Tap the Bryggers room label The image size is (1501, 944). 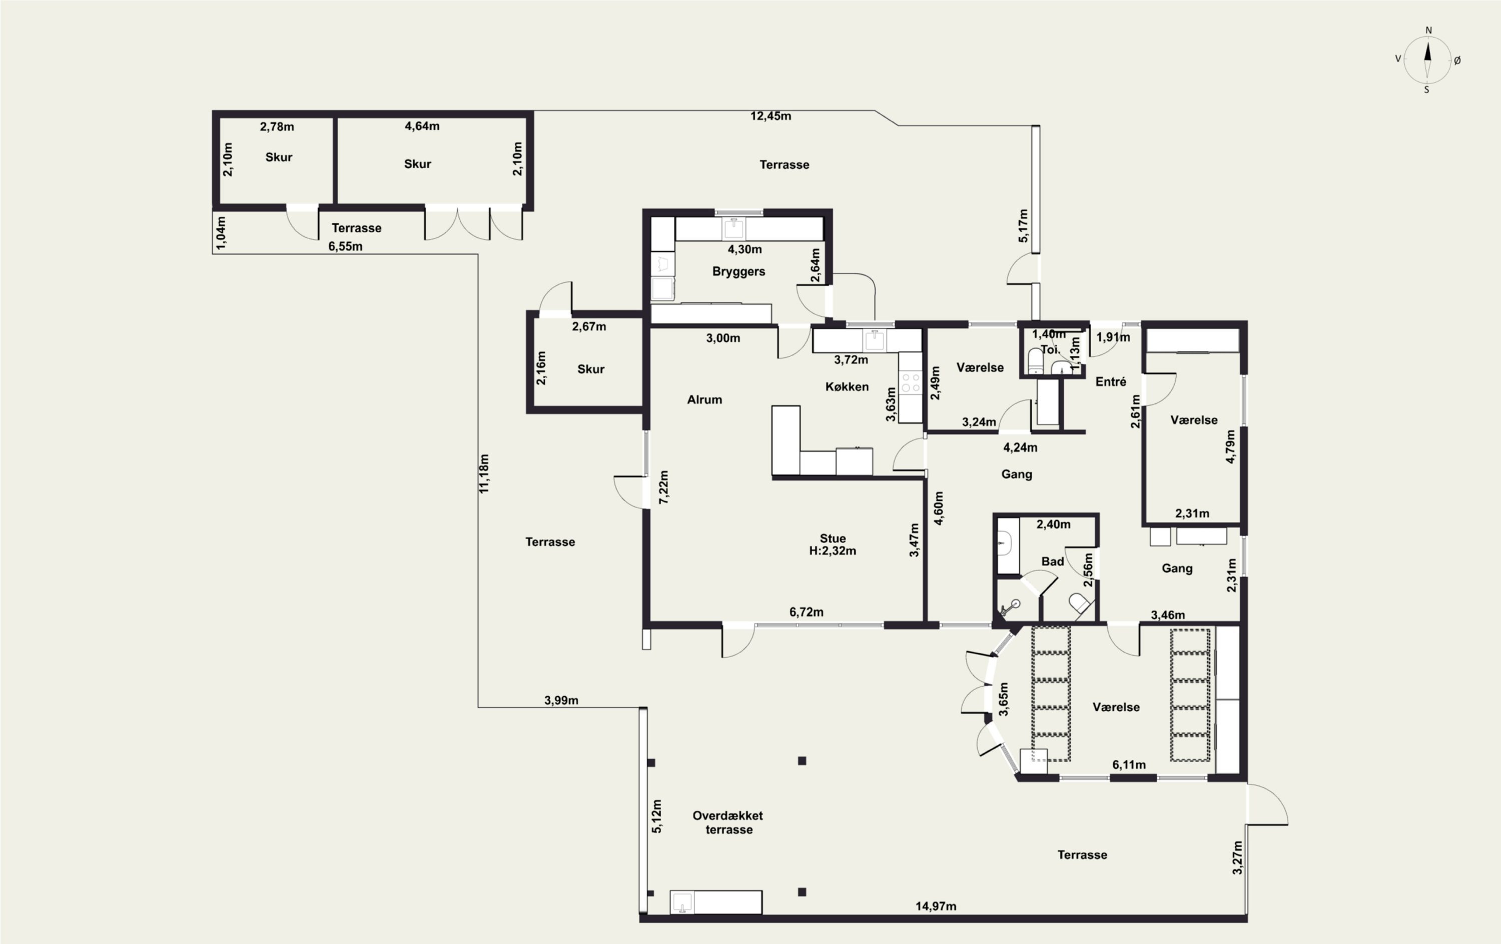point(738,272)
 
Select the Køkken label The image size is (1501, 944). point(847,386)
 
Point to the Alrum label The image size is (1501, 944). point(704,399)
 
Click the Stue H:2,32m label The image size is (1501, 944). point(832,545)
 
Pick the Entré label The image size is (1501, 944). point(1111,381)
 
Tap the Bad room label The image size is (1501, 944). point(1052,561)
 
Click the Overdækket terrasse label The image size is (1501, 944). point(728,822)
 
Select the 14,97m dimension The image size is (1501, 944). point(936,906)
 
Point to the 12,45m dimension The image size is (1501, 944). point(771,116)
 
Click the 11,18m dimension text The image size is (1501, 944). point(484,474)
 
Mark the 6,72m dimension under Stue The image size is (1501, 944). point(806,612)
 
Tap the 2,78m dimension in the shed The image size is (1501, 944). point(277,127)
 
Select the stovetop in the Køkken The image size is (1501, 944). point(911,382)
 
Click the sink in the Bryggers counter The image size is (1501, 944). point(733,228)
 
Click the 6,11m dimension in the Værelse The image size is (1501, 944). point(1129,764)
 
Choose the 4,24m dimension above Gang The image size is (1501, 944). point(1020,447)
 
